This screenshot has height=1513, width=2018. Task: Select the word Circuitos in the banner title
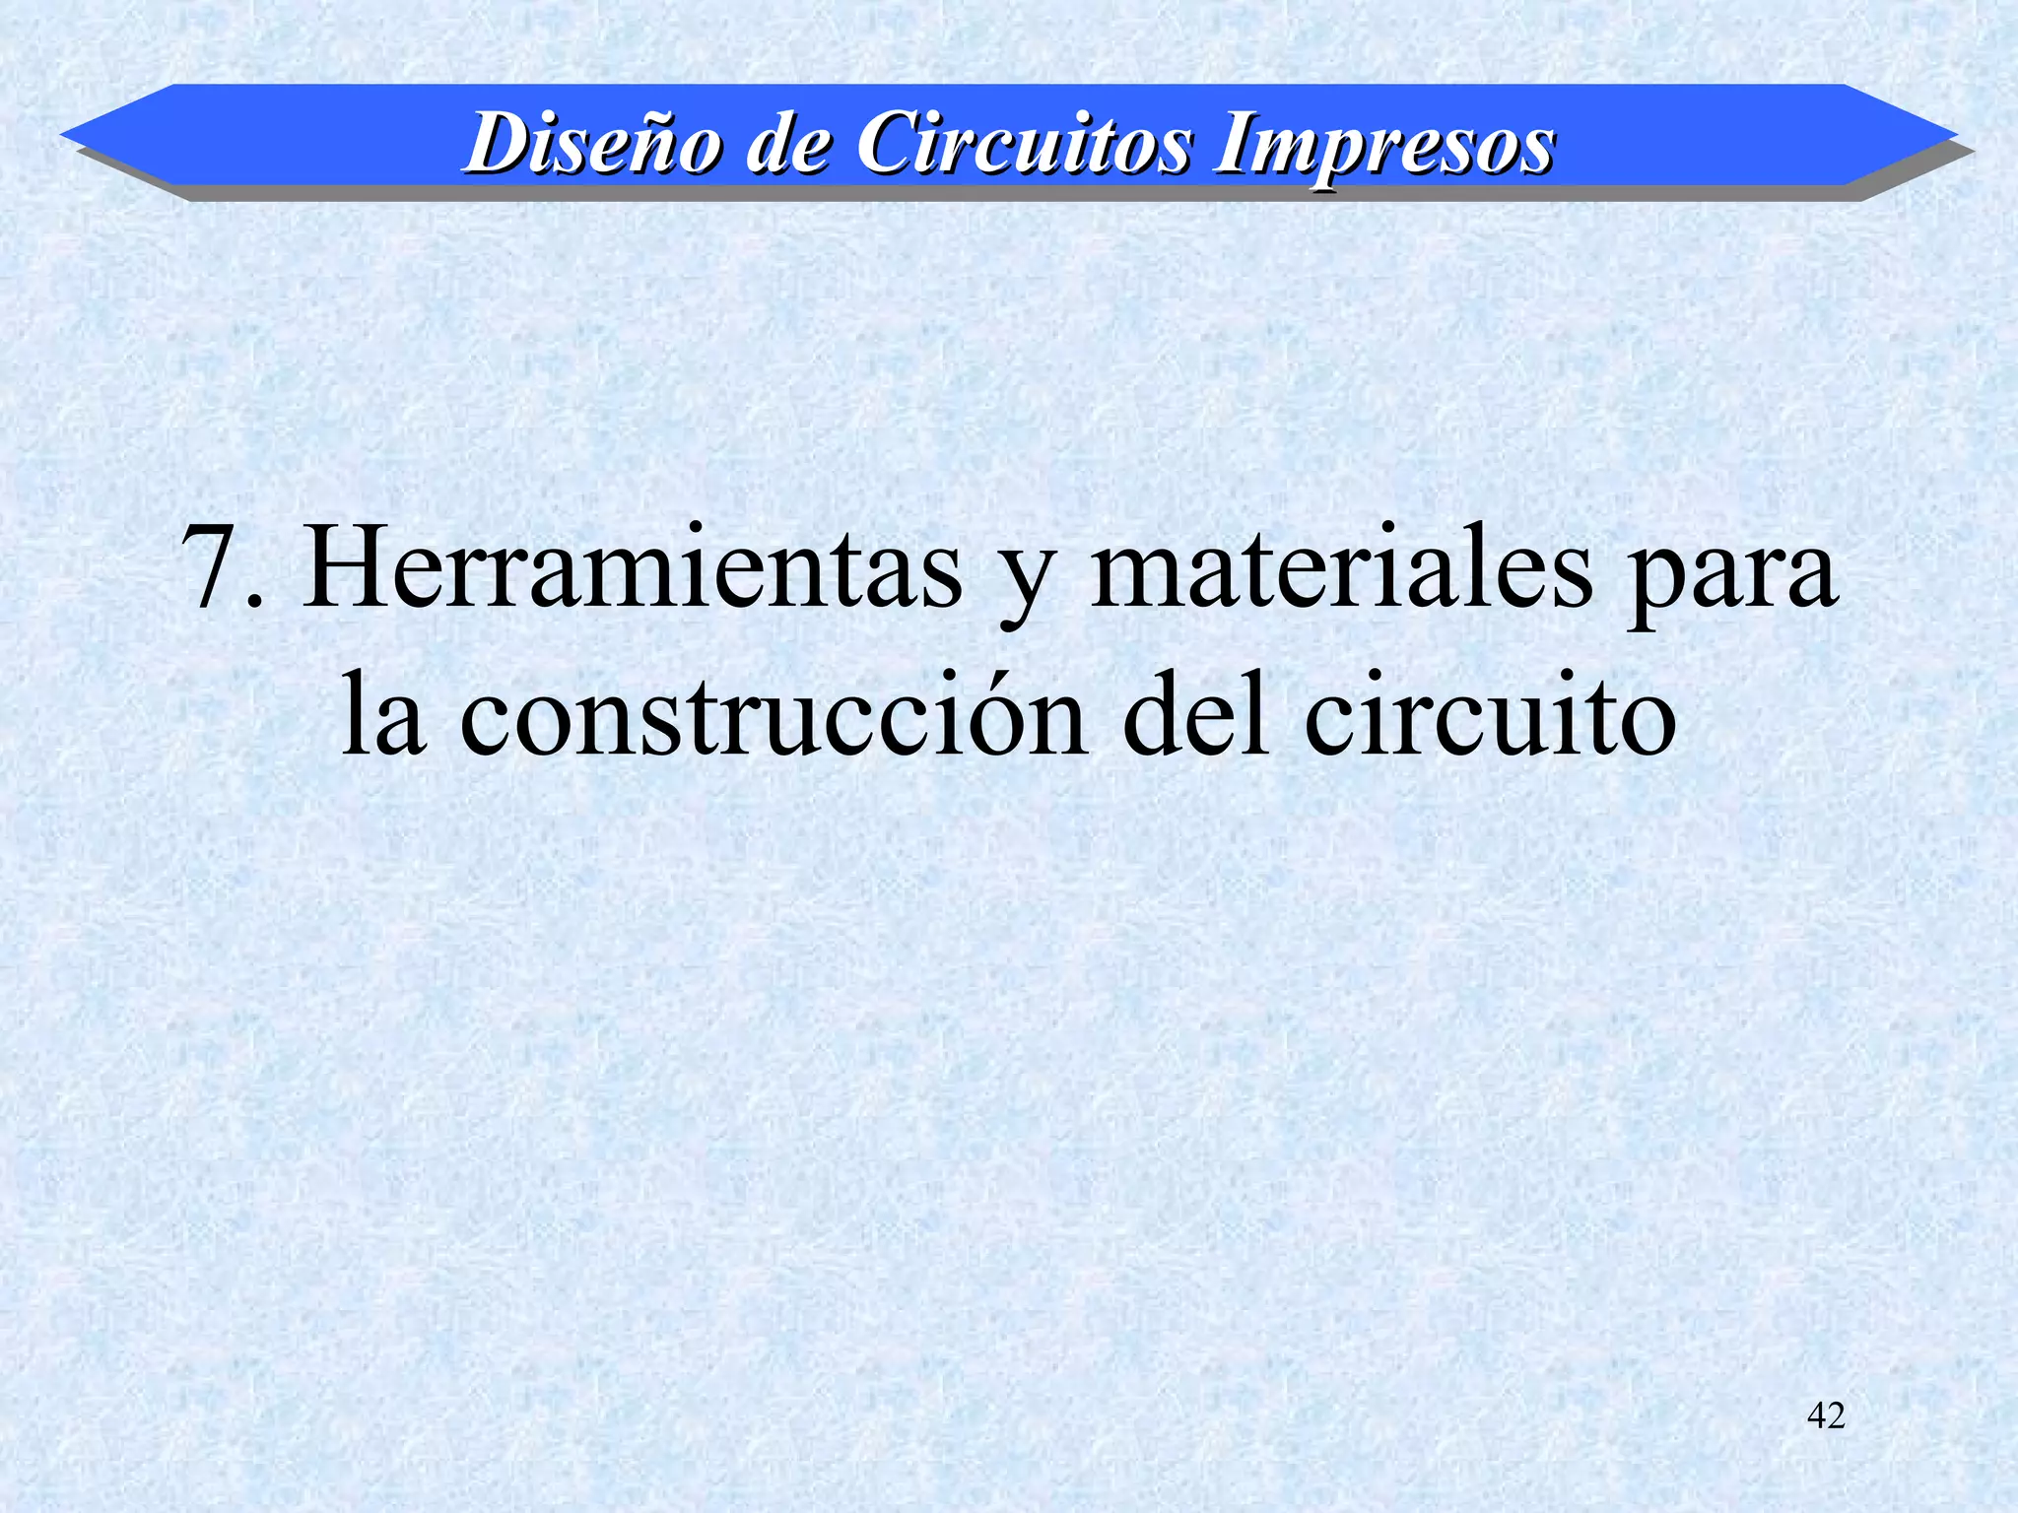pyautogui.click(x=1024, y=144)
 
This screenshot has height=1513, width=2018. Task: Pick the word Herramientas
pyautogui.click(x=632, y=569)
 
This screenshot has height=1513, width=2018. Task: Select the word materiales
pyautogui.click(x=1341, y=569)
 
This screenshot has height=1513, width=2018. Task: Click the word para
pyautogui.click(x=1731, y=581)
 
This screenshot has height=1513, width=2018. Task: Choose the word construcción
pyautogui.click(x=774, y=717)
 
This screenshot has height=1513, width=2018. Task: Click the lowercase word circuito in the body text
pyautogui.click(x=1490, y=717)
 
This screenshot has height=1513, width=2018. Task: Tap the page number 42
pyautogui.click(x=1826, y=1416)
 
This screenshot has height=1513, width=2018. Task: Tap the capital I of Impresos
pyautogui.click(x=1234, y=144)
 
